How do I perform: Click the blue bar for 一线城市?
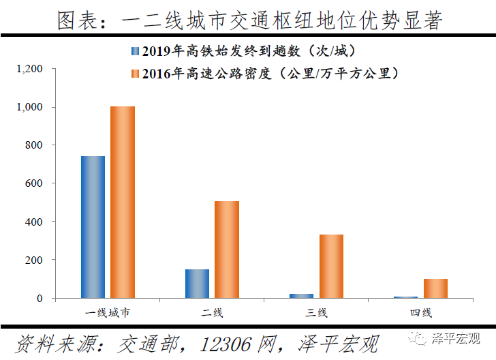point(93,227)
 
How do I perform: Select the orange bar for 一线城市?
point(123,202)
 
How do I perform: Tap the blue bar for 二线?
point(197,284)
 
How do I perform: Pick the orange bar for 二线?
point(227,250)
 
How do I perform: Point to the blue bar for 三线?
point(301,296)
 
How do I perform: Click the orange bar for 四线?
point(435,288)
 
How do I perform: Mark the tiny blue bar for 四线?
point(405,297)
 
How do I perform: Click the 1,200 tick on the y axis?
point(30,69)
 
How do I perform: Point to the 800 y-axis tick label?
point(34,145)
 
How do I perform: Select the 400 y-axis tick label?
point(34,222)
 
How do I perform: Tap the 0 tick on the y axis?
point(40,299)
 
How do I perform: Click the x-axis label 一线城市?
point(108,313)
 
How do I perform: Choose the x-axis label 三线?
point(316,313)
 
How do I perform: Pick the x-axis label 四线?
point(420,313)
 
